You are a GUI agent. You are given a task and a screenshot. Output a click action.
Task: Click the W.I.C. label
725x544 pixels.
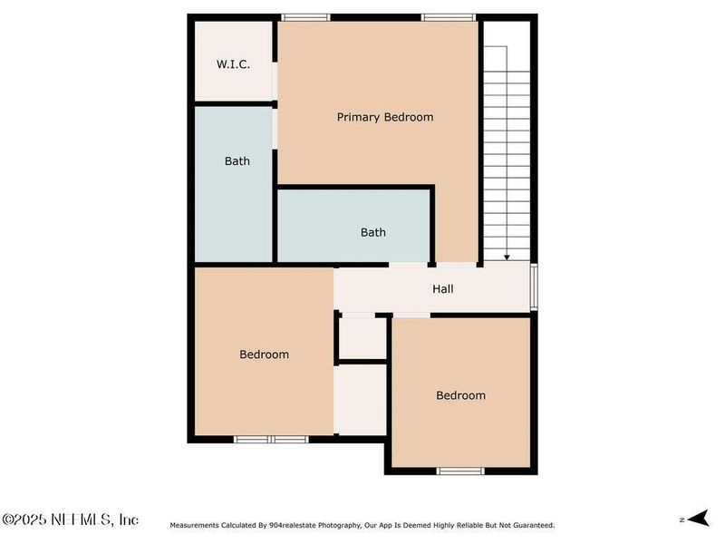click(x=233, y=64)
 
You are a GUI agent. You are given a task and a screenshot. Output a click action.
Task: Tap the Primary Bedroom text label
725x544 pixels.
click(x=385, y=117)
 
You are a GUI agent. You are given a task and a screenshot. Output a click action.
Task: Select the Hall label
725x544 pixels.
click(x=442, y=289)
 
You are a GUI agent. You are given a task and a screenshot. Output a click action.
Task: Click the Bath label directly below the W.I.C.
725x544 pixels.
click(x=237, y=161)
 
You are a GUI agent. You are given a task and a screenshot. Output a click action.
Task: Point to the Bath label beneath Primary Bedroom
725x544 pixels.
click(x=373, y=232)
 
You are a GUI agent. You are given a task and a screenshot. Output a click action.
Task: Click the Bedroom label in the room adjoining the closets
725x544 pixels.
click(x=264, y=355)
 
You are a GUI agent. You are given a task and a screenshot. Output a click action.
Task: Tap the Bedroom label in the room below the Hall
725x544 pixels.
click(x=460, y=395)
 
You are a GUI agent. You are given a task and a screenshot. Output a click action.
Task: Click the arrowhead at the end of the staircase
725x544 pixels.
click(x=507, y=257)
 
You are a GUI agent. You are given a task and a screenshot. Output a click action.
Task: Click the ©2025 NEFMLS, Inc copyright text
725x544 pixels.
click(x=71, y=520)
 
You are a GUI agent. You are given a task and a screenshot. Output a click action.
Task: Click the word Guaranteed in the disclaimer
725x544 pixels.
click(x=528, y=525)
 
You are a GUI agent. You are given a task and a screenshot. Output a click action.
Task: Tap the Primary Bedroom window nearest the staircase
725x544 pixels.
click(x=449, y=17)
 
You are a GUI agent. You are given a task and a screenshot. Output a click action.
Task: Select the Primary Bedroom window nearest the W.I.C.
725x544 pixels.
click(x=304, y=17)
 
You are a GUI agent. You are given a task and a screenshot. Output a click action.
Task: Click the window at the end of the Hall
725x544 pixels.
click(x=534, y=287)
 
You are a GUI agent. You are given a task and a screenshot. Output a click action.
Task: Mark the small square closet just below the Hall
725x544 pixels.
click(x=362, y=337)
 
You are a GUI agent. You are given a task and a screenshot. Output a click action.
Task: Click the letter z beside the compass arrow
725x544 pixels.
click(x=681, y=520)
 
